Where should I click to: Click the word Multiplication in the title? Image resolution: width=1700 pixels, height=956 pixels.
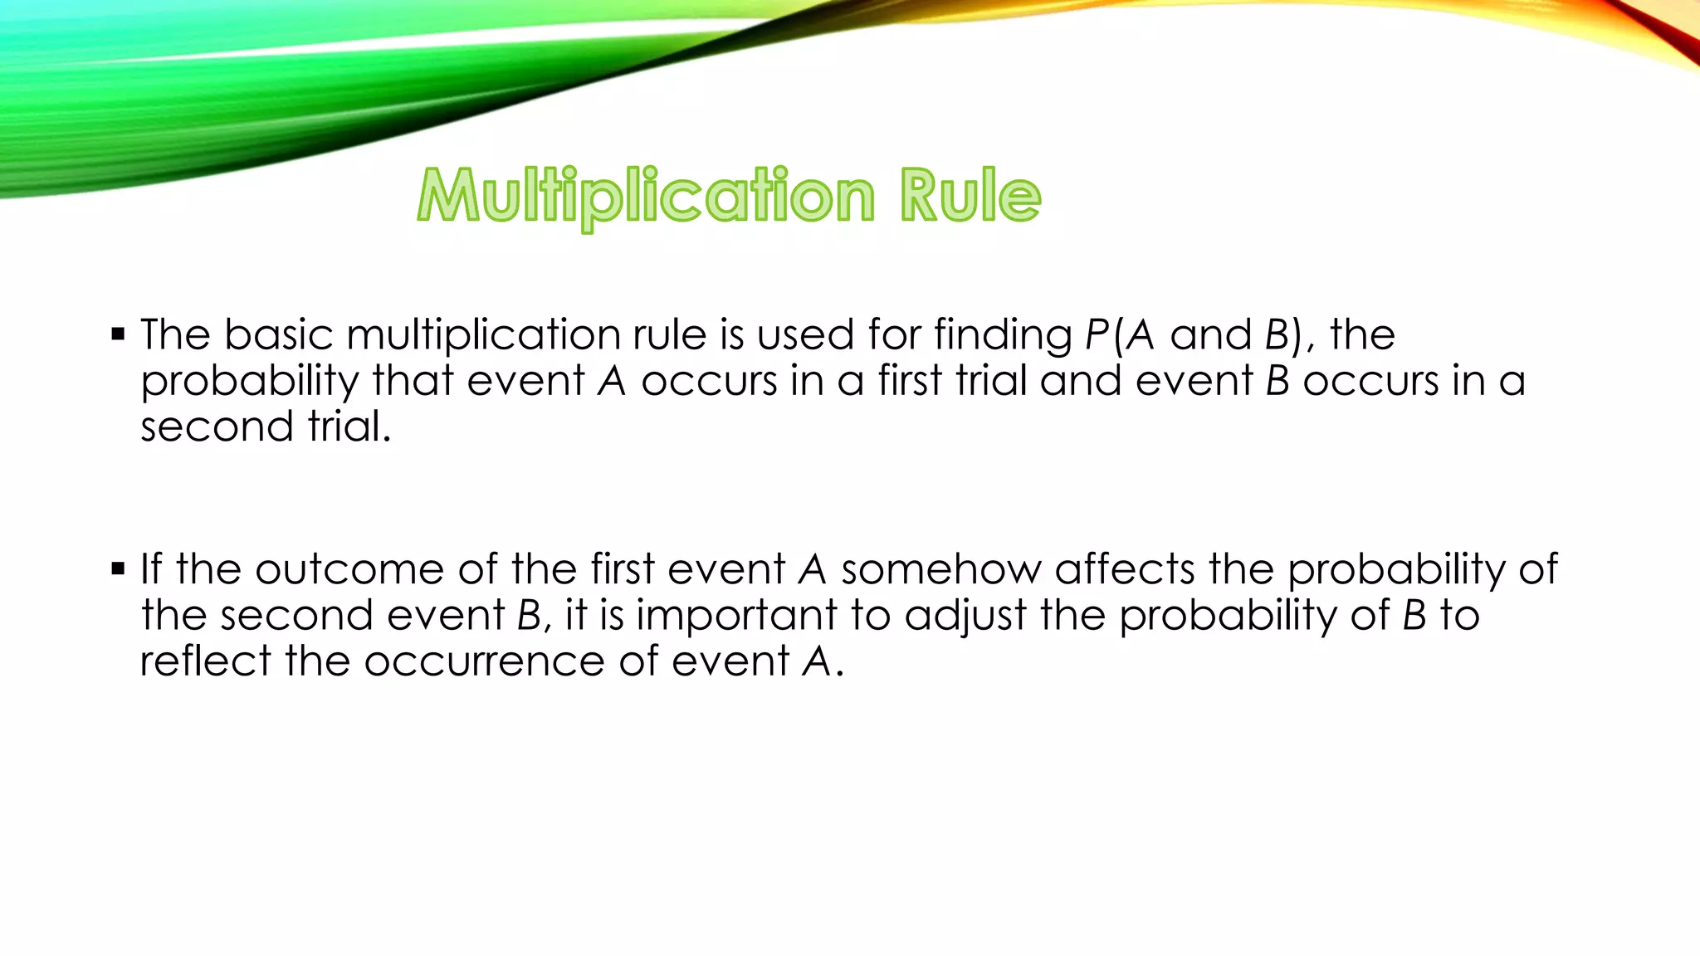coord(646,196)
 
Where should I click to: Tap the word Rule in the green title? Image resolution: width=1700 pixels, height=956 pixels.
coord(970,196)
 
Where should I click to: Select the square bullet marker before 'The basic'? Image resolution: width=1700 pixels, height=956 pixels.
coord(118,335)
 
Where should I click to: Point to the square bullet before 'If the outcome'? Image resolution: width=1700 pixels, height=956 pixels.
coord(118,569)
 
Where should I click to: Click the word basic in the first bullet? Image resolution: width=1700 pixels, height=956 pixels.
coord(278,334)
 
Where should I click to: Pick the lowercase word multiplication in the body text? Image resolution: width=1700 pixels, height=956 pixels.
coord(483,336)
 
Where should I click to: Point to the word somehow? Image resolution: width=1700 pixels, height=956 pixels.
coord(940,569)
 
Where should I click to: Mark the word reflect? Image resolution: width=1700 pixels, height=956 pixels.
coord(205,661)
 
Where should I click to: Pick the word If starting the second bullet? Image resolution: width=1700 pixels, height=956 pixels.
coord(151,569)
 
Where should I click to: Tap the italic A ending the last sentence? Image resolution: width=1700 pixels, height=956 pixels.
coord(818,662)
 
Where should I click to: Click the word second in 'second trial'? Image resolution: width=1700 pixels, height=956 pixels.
coord(217,427)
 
